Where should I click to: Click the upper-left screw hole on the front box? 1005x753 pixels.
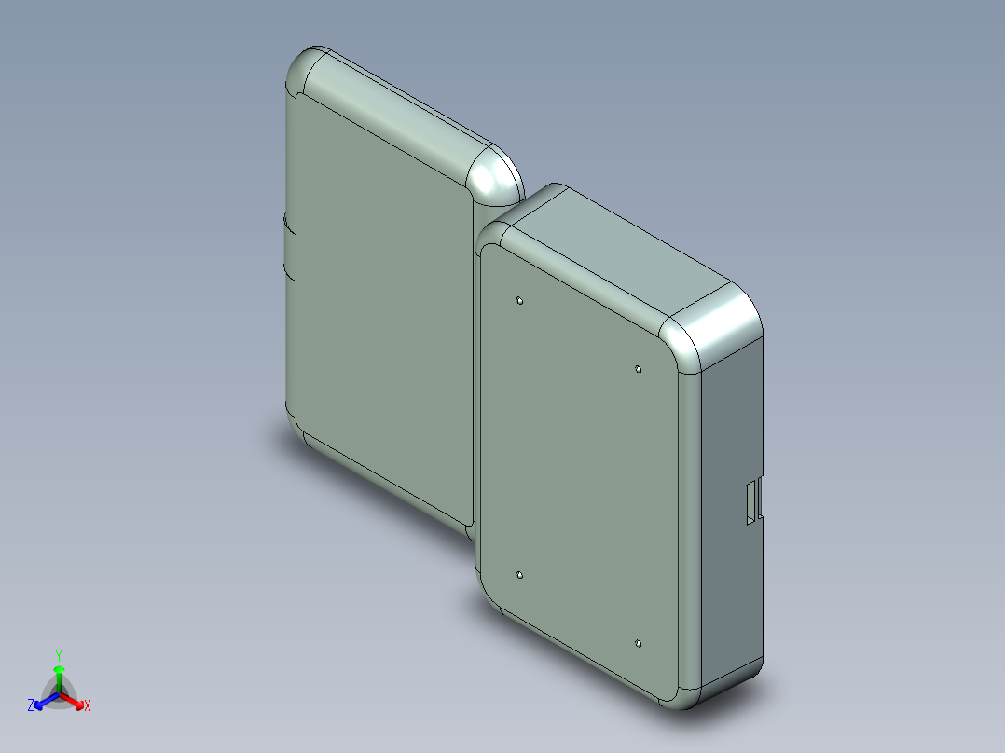(519, 301)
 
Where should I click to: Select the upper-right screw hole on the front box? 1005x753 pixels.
(638, 370)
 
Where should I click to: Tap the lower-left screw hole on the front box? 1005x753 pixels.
(519, 576)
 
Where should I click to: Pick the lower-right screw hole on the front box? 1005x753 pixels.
(638, 643)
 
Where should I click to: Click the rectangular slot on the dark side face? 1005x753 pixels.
(751, 501)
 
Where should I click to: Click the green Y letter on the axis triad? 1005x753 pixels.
(59, 654)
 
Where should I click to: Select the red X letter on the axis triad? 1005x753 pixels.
(88, 706)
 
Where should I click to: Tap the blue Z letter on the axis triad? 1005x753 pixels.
(31, 706)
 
